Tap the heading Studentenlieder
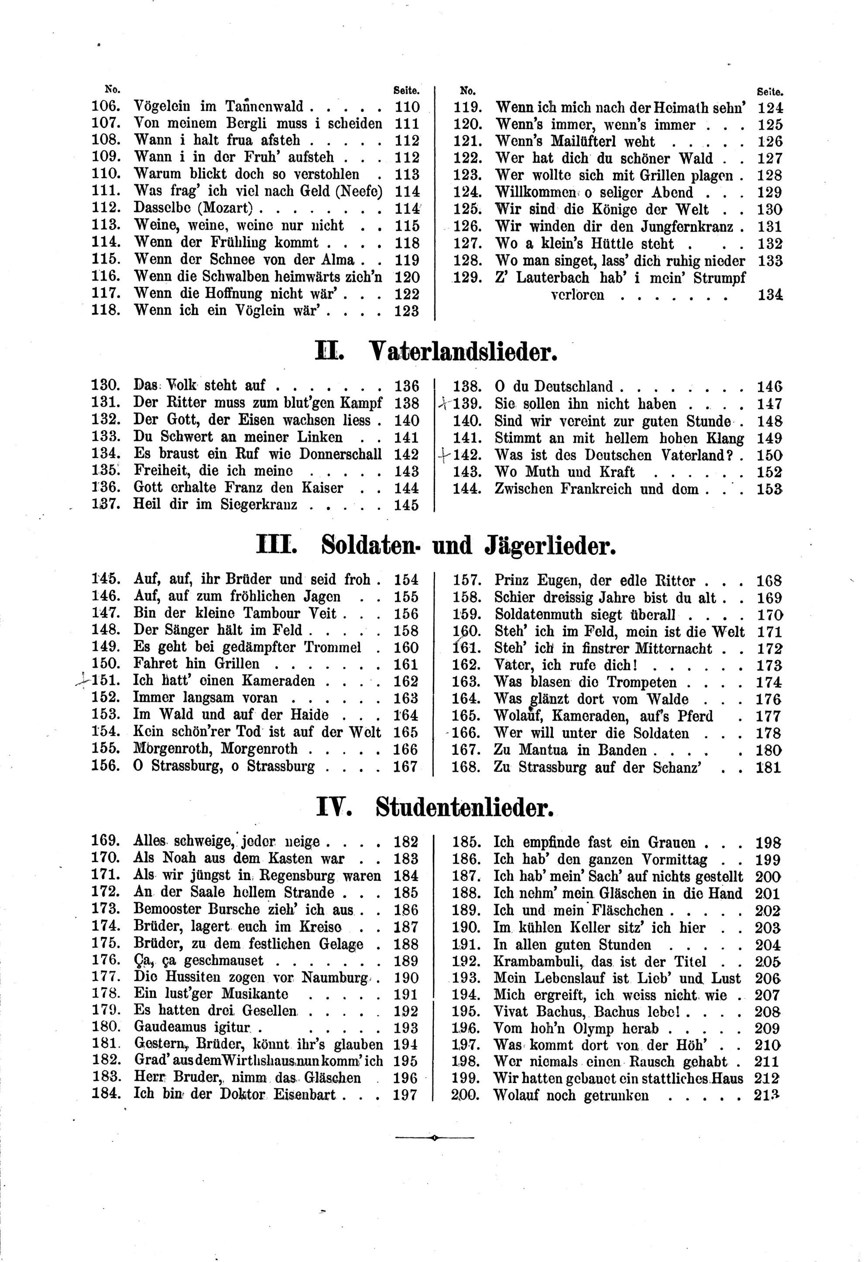tap(464, 809)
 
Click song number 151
tap(105, 681)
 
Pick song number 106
tap(104, 107)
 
